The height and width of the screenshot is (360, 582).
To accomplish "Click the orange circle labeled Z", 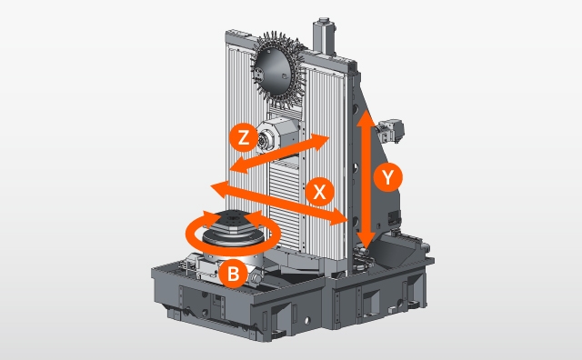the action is (x=244, y=137).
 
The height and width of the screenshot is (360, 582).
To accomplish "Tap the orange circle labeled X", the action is (x=319, y=192).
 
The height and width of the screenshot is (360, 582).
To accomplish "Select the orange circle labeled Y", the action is (x=388, y=177).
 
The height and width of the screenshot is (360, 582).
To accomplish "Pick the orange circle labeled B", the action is (x=233, y=275).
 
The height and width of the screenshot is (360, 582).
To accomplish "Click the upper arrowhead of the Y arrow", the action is (x=366, y=119).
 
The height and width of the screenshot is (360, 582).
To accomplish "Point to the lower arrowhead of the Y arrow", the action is (x=366, y=239).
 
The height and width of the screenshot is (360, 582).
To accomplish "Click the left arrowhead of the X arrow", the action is (x=220, y=188).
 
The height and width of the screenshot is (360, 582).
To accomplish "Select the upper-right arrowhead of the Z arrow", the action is (x=320, y=142).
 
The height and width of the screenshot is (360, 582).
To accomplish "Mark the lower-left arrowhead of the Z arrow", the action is (x=239, y=165).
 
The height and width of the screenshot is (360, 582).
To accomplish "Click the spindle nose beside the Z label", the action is (x=264, y=141).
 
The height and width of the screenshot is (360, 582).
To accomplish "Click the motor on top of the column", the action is (x=324, y=36).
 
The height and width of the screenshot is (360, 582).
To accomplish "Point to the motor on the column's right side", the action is (x=390, y=131).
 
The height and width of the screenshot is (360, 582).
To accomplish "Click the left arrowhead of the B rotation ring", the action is (x=211, y=219).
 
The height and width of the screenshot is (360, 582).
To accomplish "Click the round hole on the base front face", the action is (x=307, y=320).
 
